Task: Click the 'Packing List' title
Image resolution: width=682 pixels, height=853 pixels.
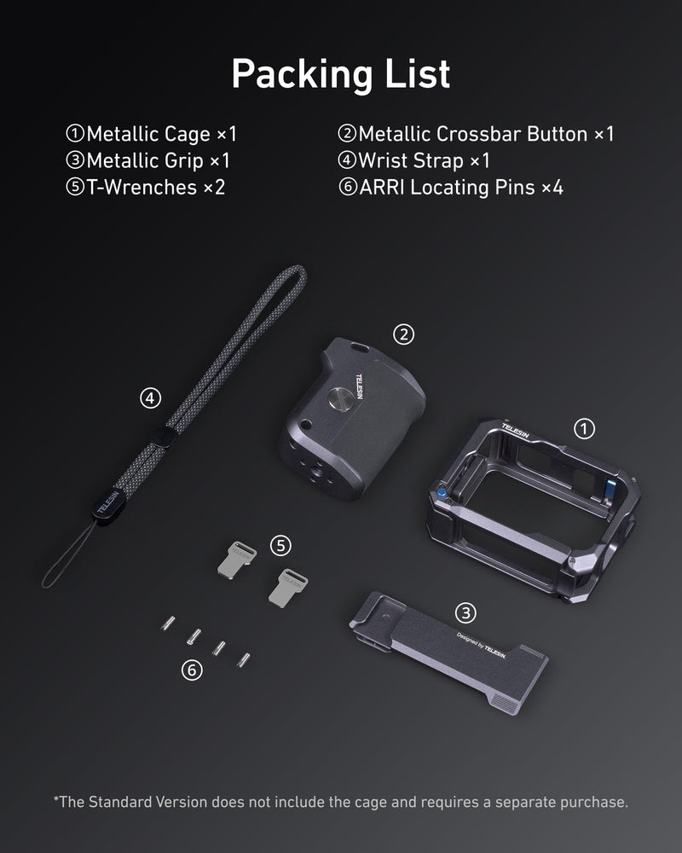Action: pos(340,75)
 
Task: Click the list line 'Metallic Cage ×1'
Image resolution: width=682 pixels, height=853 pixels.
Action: pos(152,134)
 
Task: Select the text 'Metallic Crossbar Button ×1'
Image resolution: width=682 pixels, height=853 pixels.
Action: pos(477,134)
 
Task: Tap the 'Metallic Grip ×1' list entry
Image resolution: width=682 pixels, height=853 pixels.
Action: pos(148,160)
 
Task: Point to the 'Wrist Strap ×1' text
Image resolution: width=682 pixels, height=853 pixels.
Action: pos(414,160)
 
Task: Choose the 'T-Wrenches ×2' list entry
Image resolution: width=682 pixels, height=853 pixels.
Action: pos(146,187)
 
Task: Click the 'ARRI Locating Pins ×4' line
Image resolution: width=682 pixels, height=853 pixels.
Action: pos(451,187)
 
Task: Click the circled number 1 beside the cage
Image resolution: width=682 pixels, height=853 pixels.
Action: pos(585,428)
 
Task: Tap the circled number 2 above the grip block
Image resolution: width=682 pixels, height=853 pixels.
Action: pos(404,334)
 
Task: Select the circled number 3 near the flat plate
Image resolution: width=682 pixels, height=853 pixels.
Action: pos(465,612)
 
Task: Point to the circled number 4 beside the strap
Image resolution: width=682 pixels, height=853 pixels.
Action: pos(150,397)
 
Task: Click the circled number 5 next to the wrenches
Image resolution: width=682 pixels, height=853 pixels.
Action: pos(281,544)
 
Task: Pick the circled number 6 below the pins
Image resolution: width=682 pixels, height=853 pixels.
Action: pos(193,670)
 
